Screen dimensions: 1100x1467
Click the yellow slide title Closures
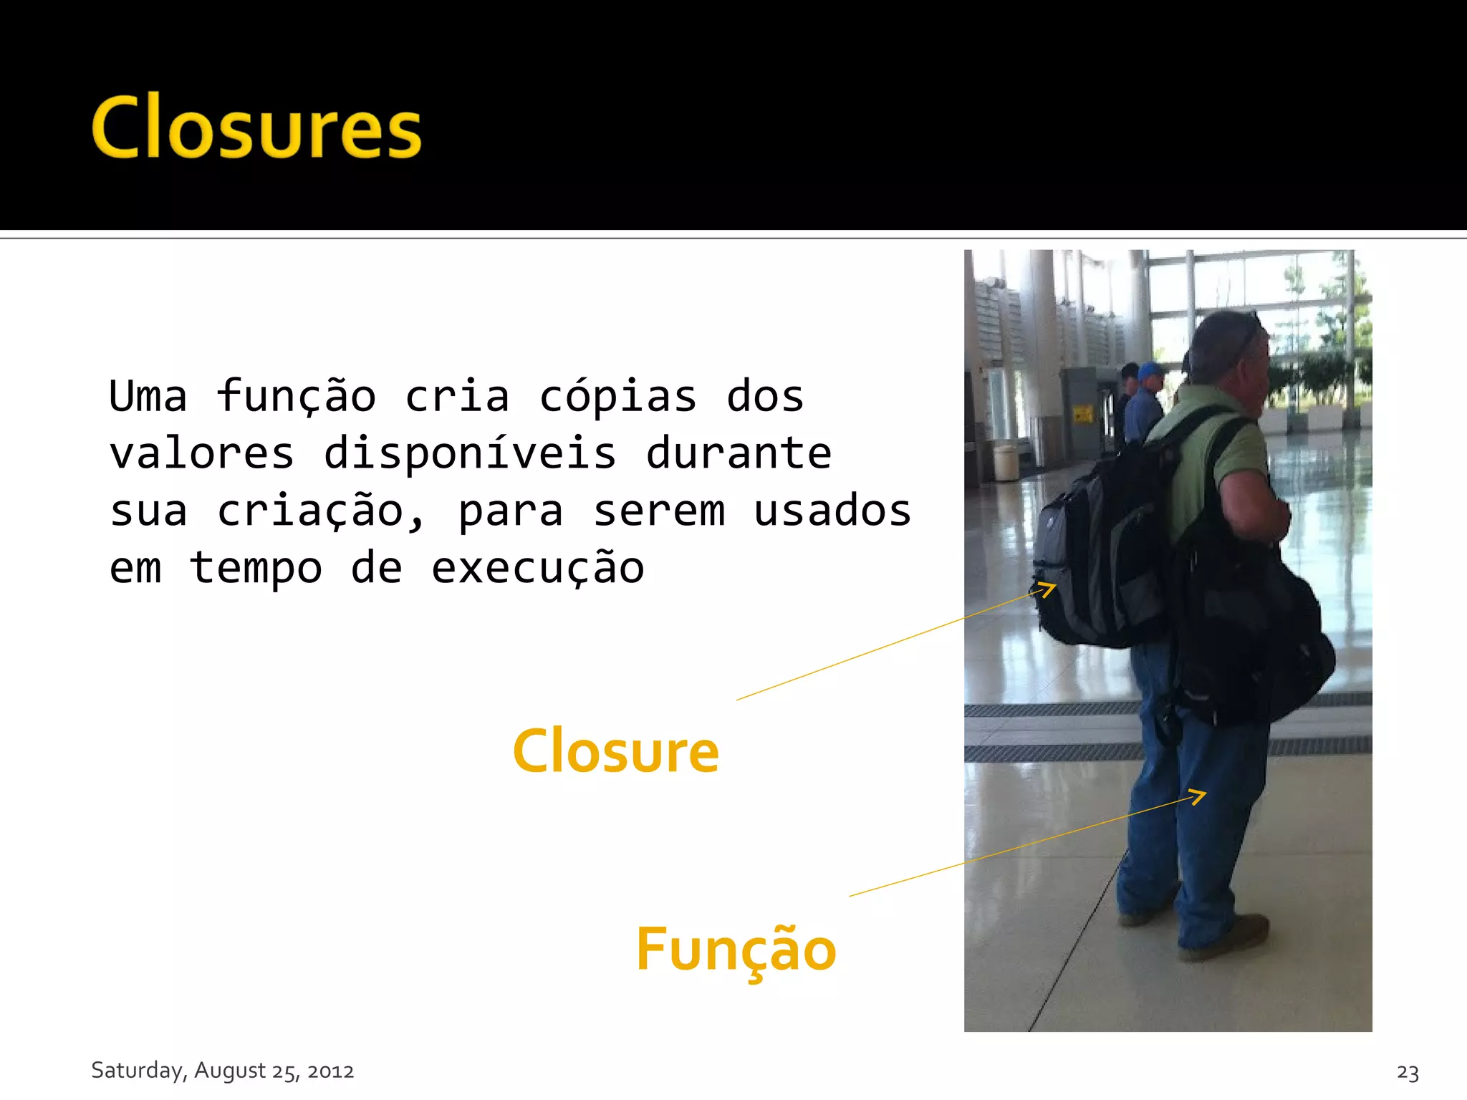point(256,127)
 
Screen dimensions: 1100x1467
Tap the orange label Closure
point(616,751)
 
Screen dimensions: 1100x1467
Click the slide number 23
point(1408,1072)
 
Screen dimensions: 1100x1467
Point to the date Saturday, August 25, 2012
point(222,1070)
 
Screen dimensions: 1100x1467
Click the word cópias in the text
point(617,397)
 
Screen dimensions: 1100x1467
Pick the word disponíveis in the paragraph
point(470,454)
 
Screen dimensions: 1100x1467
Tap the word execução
point(537,569)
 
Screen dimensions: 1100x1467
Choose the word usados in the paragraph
point(832,511)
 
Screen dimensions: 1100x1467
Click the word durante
point(739,454)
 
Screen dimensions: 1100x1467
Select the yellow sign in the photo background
point(1082,413)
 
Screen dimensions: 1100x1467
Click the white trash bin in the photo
point(1006,463)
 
